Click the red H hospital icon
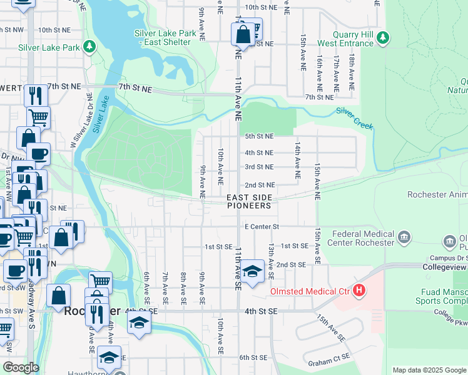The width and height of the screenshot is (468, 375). coord(359,291)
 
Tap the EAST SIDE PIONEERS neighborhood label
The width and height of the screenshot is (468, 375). coord(249,201)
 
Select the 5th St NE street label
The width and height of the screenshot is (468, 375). coord(259,136)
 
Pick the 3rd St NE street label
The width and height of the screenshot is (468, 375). coord(259,167)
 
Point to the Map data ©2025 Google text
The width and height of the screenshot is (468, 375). coord(429,370)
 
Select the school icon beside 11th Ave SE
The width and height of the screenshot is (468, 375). coord(253,272)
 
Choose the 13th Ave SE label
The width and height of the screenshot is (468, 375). coord(271,261)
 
